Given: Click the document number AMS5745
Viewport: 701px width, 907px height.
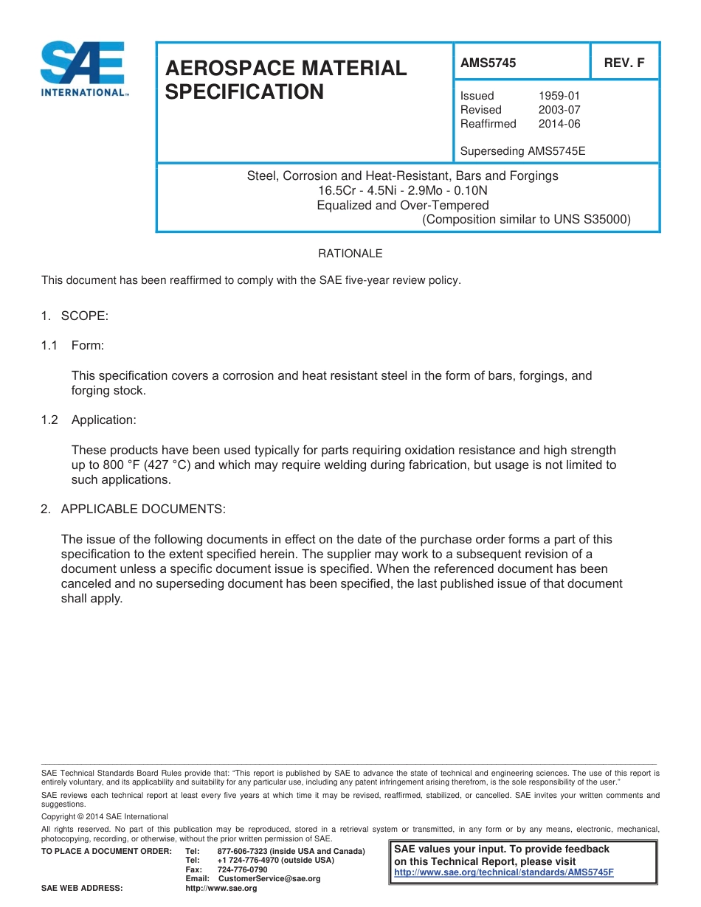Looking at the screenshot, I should click(488, 63).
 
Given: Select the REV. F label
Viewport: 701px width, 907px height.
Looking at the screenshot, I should click(624, 63).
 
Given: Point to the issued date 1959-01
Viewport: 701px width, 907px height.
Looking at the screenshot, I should click(559, 96).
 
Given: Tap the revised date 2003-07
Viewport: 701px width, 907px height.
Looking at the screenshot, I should click(559, 110).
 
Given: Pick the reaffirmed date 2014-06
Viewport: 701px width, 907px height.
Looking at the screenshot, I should click(559, 124).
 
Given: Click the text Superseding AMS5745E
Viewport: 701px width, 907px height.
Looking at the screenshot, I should click(522, 152).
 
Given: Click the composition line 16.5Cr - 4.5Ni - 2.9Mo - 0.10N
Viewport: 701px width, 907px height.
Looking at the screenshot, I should click(403, 190).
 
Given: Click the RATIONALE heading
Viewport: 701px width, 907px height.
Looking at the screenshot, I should click(350, 254).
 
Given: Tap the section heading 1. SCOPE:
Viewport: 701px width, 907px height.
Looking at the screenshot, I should click(75, 316).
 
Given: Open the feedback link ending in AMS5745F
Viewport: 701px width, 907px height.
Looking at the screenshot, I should click(504, 872).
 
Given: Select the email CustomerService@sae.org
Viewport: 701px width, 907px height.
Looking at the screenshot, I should click(269, 878).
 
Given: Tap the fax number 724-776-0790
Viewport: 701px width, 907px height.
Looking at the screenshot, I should click(242, 869).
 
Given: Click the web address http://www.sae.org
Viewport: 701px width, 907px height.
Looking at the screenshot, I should click(221, 889).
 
